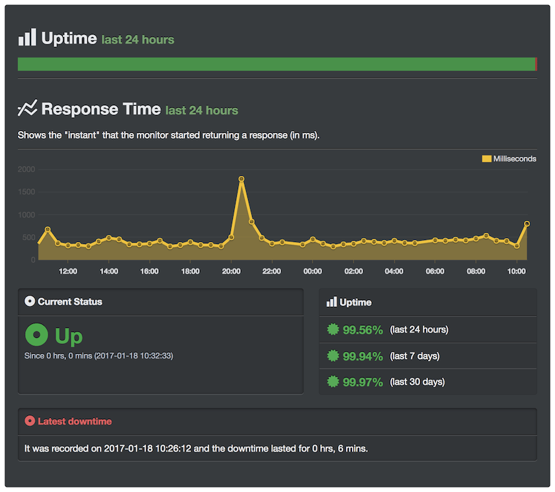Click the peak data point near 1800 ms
pyautogui.click(x=241, y=179)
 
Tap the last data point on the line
pyautogui.click(x=527, y=224)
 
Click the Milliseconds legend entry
pyautogui.click(x=509, y=159)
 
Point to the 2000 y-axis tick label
pyautogui.click(x=26, y=169)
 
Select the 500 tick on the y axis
pyautogui.click(x=28, y=237)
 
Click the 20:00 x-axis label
pyautogui.click(x=231, y=271)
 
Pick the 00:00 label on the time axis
pyautogui.click(x=312, y=271)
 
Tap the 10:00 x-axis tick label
pyautogui.click(x=516, y=271)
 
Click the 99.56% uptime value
pyautogui.click(x=363, y=329)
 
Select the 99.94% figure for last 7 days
pyautogui.click(x=363, y=356)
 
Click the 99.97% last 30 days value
pyautogui.click(x=363, y=382)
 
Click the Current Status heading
pyautogui.click(x=69, y=302)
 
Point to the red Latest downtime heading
pyautogui.click(x=74, y=421)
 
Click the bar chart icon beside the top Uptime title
pyautogui.click(x=27, y=38)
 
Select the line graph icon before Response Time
pyautogui.click(x=27, y=108)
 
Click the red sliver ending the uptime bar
pyautogui.click(x=536, y=64)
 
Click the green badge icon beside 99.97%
pyautogui.click(x=333, y=382)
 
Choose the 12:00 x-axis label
pyautogui.click(x=68, y=271)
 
